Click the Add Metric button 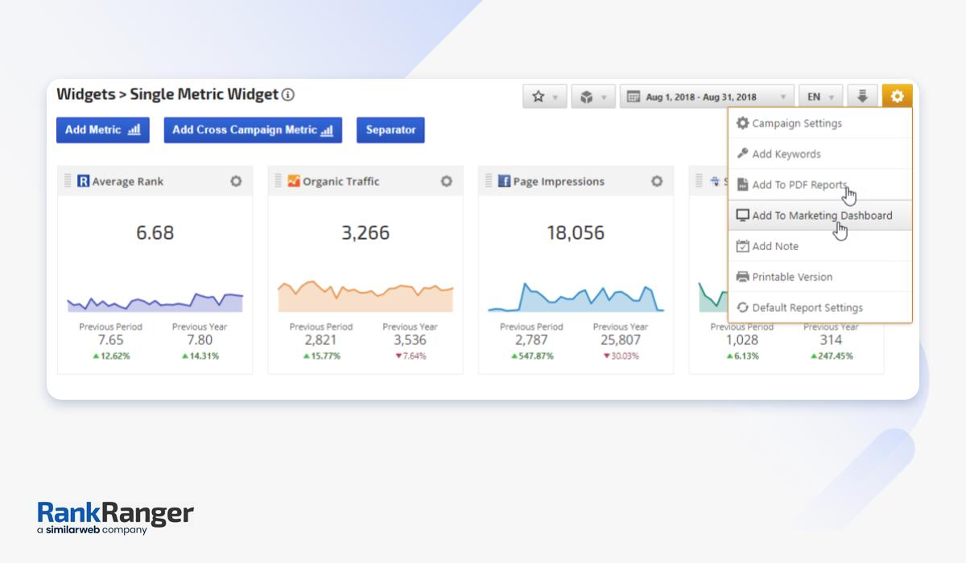click(x=102, y=130)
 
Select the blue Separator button click(x=390, y=130)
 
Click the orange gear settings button click(x=897, y=97)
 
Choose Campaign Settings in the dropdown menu click(x=796, y=124)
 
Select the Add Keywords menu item click(x=786, y=154)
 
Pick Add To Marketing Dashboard click(x=821, y=216)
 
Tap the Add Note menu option click(x=774, y=246)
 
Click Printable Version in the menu click(x=791, y=277)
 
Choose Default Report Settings click(x=807, y=307)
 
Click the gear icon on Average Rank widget click(x=236, y=182)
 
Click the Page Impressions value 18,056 click(x=576, y=233)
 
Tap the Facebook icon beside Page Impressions click(x=504, y=182)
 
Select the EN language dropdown click(x=820, y=97)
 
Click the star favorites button click(x=545, y=97)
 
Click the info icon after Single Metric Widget click(x=288, y=95)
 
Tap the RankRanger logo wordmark click(x=115, y=514)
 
